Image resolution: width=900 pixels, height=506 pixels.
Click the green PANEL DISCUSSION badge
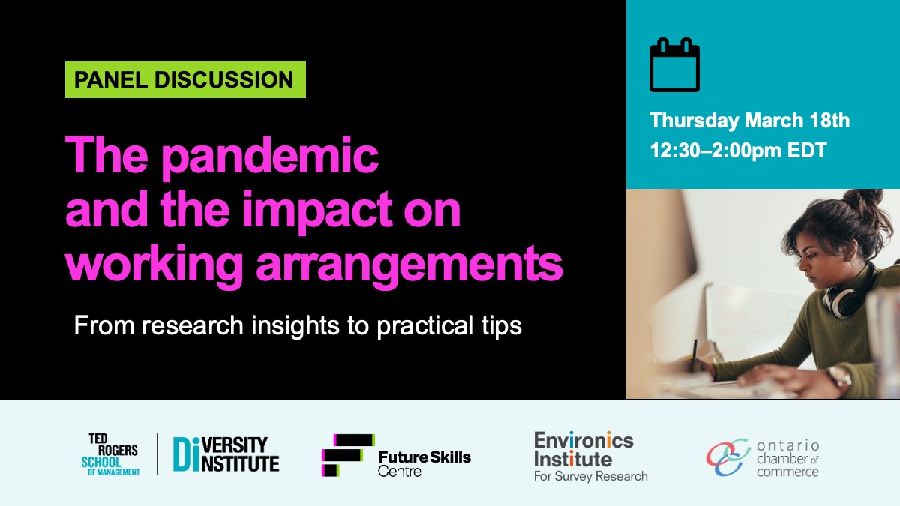click(x=185, y=79)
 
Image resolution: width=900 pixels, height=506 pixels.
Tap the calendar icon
click(x=674, y=64)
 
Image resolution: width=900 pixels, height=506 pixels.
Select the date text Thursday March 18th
click(x=750, y=121)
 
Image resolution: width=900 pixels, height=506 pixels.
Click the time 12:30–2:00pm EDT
click(x=738, y=151)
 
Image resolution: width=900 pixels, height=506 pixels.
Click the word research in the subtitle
click(x=193, y=325)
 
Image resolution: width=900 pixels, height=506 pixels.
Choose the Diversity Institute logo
click(x=226, y=454)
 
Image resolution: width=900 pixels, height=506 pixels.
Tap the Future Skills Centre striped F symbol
click(x=348, y=455)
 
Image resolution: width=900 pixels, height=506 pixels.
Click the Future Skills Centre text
click(x=424, y=463)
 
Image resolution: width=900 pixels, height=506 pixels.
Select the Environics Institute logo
click(x=591, y=457)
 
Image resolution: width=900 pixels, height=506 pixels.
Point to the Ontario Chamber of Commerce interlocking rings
click(x=728, y=457)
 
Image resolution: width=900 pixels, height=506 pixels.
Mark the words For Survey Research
click(x=591, y=476)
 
